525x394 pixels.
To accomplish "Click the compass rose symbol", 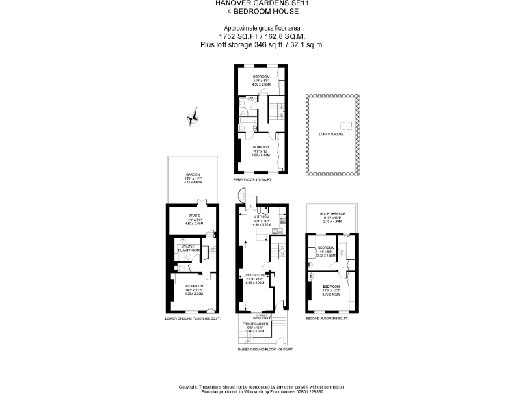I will pyautogui.click(x=192, y=116).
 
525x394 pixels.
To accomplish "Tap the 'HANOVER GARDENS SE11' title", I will pyautogui.click(x=262, y=3).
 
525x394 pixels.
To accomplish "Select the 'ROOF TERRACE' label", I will pyautogui.click(x=333, y=214).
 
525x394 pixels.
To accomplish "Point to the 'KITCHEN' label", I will pyautogui.click(x=262, y=217).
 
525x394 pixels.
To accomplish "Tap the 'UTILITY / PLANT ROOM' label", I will pyautogui.click(x=188, y=248).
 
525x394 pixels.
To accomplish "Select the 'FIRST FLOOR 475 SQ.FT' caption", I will pyautogui.click(x=253, y=179).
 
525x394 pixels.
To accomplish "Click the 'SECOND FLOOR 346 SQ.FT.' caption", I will pyautogui.click(x=327, y=319).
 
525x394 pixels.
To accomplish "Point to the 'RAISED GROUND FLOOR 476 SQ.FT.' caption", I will pyautogui.click(x=265, y=350).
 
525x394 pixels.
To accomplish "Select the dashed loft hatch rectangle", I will pyautogui.click(x=347, y=124).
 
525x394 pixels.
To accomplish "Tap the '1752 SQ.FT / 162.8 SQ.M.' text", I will pyautogui.click(x=262, y=36).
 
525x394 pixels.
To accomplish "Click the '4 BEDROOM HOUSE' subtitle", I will pyautogui.click(x=262, y=11).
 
